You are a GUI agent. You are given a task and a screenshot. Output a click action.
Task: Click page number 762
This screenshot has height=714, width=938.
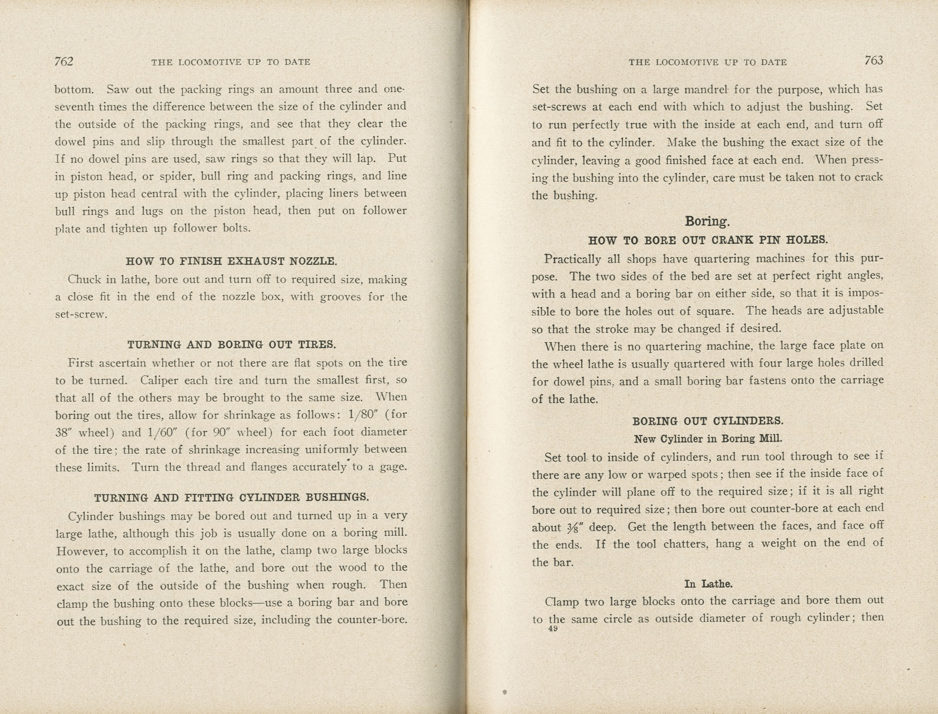coord(64,61)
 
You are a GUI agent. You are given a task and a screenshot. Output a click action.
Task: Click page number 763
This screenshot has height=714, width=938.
coord(873,60)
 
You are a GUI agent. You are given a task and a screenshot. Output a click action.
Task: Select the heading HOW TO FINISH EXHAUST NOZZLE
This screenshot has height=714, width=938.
coord(231,261)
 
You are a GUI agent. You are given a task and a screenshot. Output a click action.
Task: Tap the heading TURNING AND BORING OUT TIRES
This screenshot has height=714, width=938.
coord(231,345)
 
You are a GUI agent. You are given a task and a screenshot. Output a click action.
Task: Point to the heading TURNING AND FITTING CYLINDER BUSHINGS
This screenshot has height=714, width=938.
coord(231,497)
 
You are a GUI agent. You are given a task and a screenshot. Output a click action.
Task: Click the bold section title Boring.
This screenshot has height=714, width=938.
coord(707,221)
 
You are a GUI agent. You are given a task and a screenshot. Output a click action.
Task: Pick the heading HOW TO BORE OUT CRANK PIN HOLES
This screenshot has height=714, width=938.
coord(708,240)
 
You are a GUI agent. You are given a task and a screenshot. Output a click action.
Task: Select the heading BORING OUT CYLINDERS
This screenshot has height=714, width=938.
coord(708,421)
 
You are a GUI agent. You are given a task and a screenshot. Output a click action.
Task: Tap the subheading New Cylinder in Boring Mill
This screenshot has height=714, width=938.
coord(708,438)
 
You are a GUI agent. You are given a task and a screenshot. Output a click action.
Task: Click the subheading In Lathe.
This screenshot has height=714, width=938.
coord(708,584)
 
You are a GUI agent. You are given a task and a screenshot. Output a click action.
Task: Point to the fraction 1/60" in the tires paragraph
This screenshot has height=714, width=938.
coord(161,433)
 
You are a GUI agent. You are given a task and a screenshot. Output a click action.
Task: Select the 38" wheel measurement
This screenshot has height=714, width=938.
coord(63,433)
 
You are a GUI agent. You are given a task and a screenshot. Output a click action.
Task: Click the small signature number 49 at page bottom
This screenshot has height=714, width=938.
coord(553,629)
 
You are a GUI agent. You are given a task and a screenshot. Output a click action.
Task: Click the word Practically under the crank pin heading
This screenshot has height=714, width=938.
coord(572,259)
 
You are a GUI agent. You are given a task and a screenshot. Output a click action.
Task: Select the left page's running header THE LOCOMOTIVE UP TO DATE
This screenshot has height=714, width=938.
coord(231,62)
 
